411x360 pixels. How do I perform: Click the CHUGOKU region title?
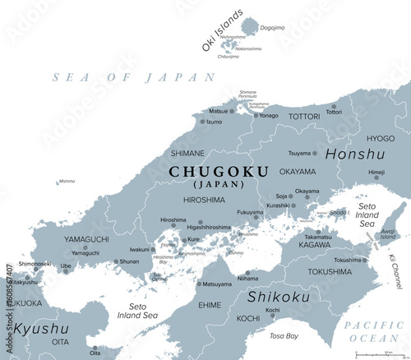click(x=206, y=170)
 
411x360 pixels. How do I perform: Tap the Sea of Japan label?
click(x=133, y=76)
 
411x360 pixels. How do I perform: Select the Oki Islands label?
click(x=222, y=30)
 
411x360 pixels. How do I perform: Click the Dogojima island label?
click(x=271, y=27)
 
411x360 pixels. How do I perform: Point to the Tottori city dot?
click(x=334, y=106)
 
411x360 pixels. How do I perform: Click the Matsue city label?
click(x=218, y=111)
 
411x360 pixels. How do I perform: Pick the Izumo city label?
click(x=214, y=122)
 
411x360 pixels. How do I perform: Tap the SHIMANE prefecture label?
click(x=187, y=152)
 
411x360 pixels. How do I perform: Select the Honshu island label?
click(x=354, y=154)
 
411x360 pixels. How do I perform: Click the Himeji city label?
click(x=376, y=173)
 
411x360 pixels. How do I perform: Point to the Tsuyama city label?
click(x=299, y=153)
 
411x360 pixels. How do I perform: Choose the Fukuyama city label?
click(x=250, y=211)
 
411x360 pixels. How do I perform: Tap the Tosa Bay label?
click(x=285, y=335)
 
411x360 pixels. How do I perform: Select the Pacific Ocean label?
click(x=374, y=331)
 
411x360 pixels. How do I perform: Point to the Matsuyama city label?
click(x=217, y=284)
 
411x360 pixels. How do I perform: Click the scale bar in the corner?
click(x=378, y=353)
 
